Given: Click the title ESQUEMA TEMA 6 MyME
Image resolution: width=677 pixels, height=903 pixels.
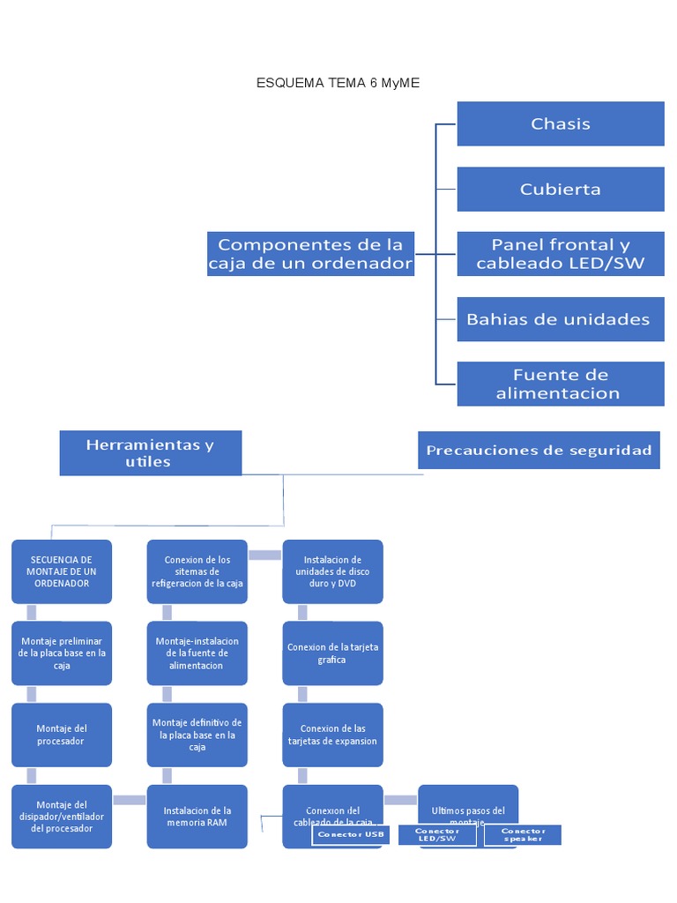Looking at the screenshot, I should pos(338,83).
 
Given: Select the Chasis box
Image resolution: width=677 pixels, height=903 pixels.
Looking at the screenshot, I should pos(560,123).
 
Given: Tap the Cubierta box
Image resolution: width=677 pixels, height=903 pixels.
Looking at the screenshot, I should pos(560,189).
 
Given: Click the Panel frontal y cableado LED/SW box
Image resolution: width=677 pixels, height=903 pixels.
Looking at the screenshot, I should pos(560,254).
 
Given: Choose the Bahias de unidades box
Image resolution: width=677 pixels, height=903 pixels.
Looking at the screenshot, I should pos(560,319).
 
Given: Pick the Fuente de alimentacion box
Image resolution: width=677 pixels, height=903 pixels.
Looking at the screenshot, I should pos(560,384).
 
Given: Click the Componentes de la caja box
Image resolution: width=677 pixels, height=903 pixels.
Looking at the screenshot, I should pos(310,254).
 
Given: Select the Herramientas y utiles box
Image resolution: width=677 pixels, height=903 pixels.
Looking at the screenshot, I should pos(150,453).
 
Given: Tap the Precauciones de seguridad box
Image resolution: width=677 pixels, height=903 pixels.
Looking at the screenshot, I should pos(539,451).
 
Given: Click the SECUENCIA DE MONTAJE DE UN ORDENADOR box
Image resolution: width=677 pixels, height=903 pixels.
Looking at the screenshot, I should pos(62,571).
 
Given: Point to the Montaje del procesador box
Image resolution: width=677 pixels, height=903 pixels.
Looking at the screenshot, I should pos(62,735).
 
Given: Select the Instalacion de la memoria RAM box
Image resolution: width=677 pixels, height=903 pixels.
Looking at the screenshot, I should pos(197,816).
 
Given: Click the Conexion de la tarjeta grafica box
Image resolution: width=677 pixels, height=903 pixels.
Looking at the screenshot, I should pos(332,653).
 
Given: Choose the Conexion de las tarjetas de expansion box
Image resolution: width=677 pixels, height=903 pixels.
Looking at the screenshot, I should pos(332,735).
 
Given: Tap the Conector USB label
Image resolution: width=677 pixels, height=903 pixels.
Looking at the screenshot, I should pos(351,835).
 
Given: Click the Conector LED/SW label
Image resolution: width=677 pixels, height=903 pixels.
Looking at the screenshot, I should pos(437,835).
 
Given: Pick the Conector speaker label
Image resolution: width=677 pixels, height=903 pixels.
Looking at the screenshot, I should pos(523,835).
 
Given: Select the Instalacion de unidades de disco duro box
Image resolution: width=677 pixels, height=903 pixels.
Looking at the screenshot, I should pos(332,571).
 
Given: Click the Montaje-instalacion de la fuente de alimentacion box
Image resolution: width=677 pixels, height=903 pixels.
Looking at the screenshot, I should pos(197,653).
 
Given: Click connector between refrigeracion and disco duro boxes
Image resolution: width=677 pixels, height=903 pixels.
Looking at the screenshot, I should pos(264,555).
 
